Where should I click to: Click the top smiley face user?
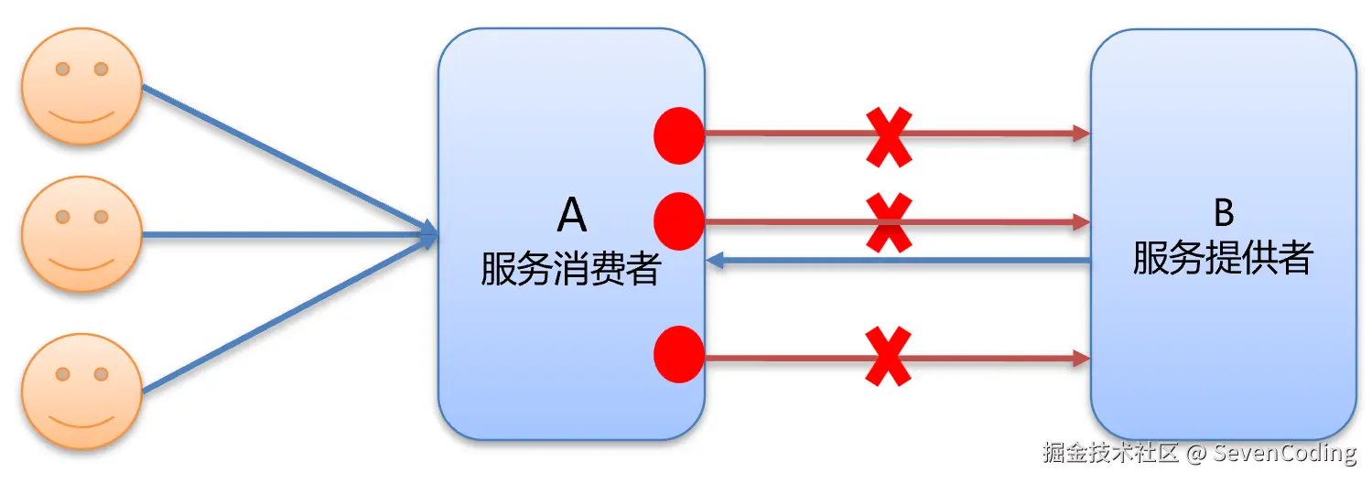coord(81,88)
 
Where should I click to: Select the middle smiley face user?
coord(81,234)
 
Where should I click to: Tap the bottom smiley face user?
coord(81,392)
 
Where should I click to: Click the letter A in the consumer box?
coord(571,215)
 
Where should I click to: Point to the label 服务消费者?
coord(570,270)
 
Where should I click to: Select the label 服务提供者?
coord(1223,259)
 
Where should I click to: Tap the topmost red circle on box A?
coord(679,134)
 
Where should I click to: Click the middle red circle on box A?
coord(679,221)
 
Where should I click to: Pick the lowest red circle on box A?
coord(679,354)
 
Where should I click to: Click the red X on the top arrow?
coord(888,137)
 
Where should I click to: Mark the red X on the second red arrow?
coord(888,222)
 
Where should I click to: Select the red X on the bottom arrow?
coord(888,357)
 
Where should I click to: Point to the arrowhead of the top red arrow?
coord(1081,134)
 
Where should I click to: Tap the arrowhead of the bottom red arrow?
coord(1081,357)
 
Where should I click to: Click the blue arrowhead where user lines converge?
coord(428,234)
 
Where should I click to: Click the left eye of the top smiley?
coord(62,69)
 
